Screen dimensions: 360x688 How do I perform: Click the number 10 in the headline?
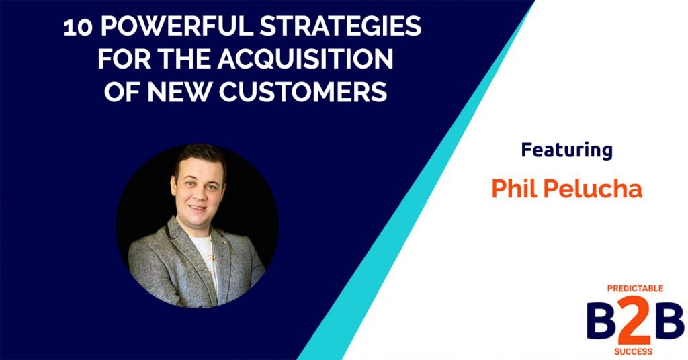pyautogui.click(x=76, y=28)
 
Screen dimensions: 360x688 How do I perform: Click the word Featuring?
pyautogui.click(x=566, y=150)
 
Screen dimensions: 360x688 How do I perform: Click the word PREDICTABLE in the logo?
pyautogui.click(x=635, y=288)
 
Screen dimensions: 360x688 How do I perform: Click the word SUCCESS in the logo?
pyautogui.click(x=635, y=349)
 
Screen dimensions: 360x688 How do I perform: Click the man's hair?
pyautogui.click(x=199, y=156)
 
